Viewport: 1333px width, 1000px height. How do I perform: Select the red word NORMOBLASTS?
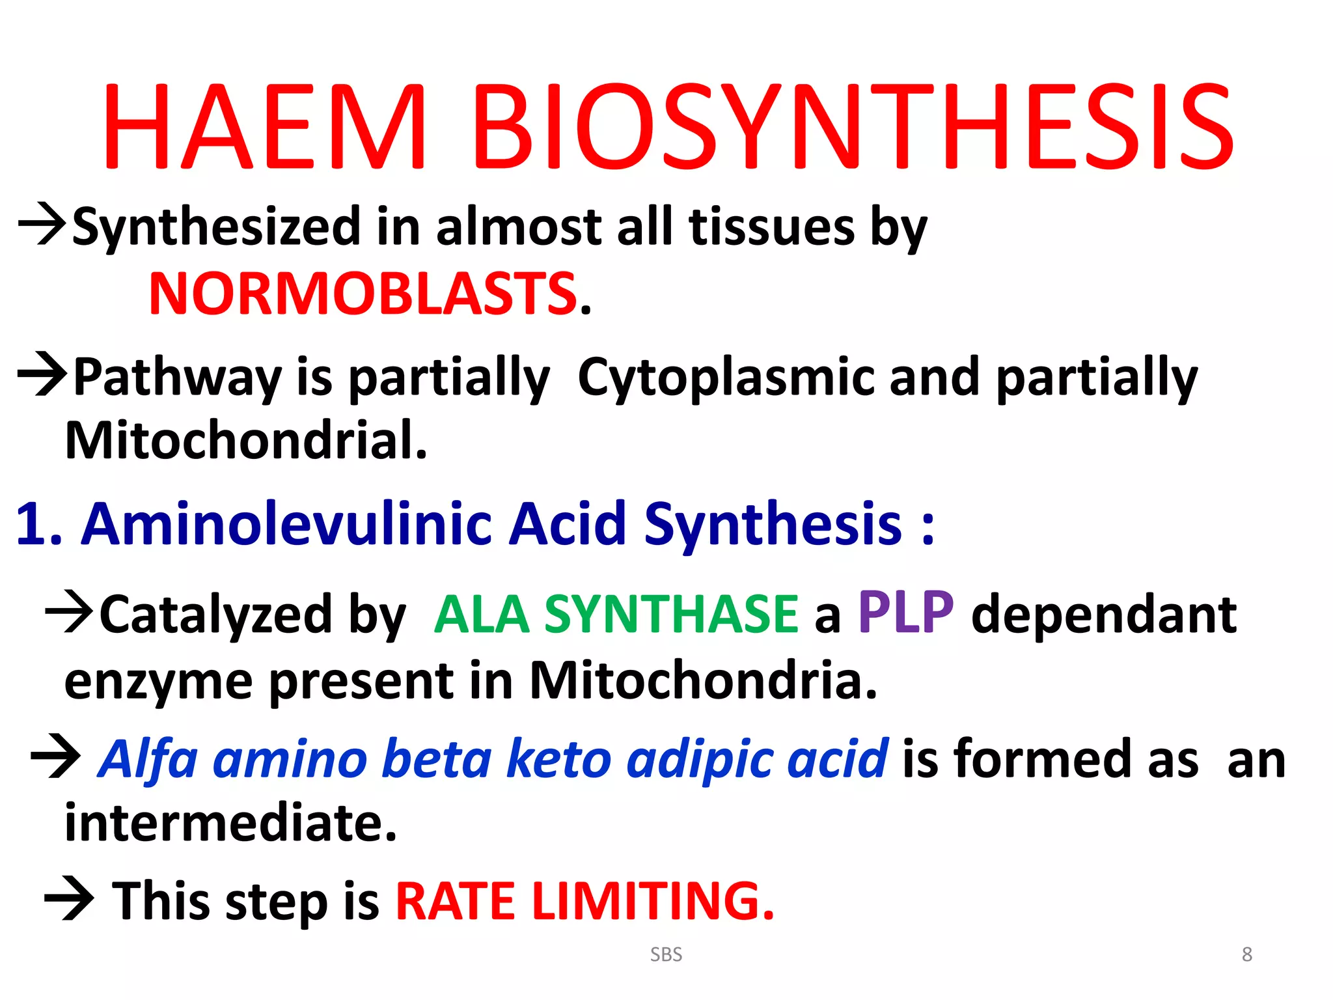(x=363, y=294)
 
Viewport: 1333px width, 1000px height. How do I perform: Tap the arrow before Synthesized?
(x=42, y=224)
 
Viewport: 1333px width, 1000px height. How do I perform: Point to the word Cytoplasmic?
(x=726, y=377)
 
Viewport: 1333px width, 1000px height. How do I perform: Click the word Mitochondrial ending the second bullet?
(x=246, y=441)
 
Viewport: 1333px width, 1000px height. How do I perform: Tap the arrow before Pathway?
(x=42, y=374)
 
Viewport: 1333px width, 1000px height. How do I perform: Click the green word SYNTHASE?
(x=670, y=615)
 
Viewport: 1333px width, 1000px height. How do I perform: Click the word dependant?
(x=1103, y=615)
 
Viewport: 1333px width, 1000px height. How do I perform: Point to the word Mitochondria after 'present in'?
(x=703, y=681)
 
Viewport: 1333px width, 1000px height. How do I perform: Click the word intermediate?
(x=230, y=823)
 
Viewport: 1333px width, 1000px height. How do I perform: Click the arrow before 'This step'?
(x=69, y=899)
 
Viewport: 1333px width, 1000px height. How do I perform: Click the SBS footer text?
(x=666, y=954)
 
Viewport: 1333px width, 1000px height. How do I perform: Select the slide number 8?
(x=1246, y=954)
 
